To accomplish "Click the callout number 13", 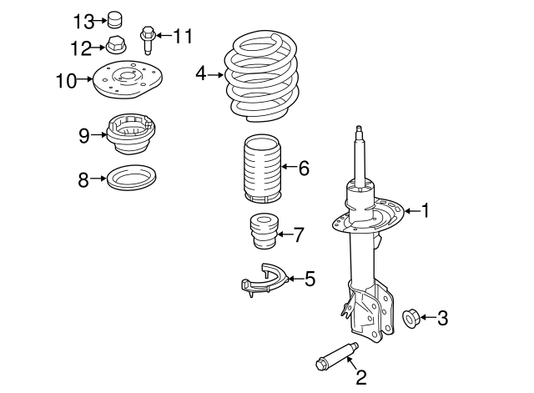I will (x=84, y=19).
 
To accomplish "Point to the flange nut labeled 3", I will (x=411, y=317).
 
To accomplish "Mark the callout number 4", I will (x=201, y=73).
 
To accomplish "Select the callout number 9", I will (x=83, y=135).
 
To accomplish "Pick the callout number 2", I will (x=361, y=378).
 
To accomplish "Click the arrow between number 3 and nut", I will (x=427, y=317).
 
